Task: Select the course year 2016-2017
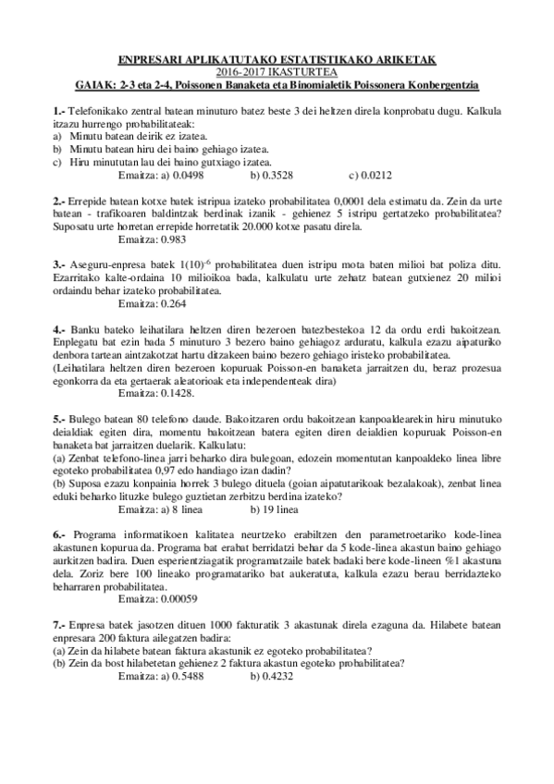(239, 70)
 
